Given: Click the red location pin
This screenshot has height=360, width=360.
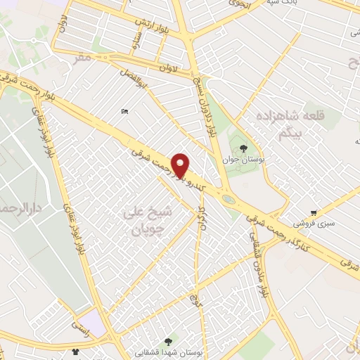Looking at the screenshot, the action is (181, 165).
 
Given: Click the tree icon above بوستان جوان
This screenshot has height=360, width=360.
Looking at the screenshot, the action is (243, 148).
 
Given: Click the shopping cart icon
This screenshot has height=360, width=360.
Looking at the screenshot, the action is (314, 212).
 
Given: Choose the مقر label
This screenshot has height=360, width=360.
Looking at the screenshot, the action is (84, 58).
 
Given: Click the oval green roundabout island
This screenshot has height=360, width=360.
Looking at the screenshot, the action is (228, 199).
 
